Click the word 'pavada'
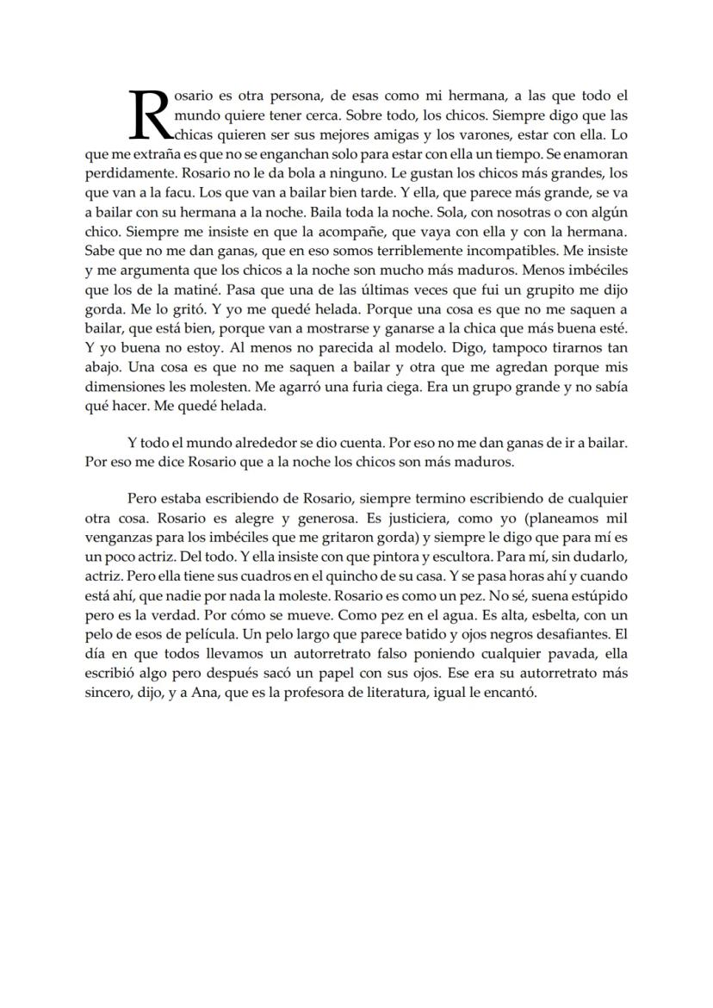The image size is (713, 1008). (561, 652)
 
